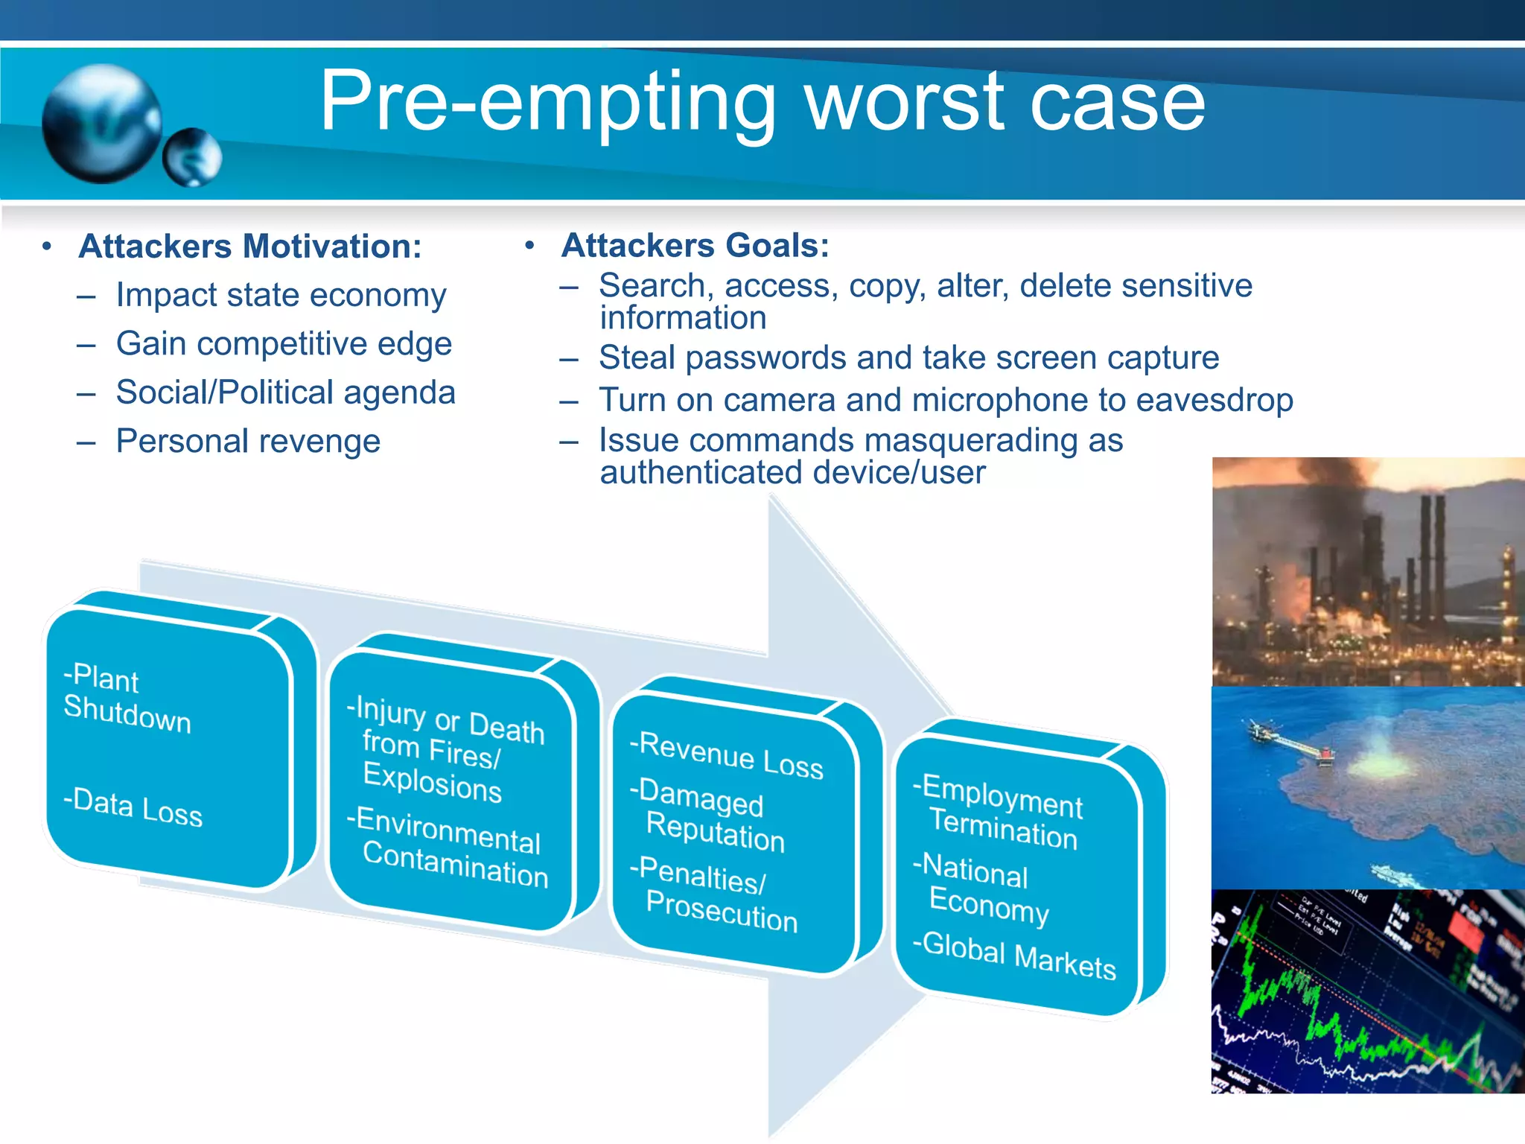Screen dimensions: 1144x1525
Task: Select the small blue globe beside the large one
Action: tap(192, 157)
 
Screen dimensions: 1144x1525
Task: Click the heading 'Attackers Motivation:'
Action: tap(250, 247)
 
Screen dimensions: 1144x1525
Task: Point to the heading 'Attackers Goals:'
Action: tap(695, 246)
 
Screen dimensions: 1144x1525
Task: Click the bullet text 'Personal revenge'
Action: tap(248, 442)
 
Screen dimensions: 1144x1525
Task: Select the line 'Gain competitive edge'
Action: tap(284, 344)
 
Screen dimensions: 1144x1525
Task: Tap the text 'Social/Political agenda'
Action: tap(285, 393)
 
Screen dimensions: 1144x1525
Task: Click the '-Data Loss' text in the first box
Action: tap(133, 807)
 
